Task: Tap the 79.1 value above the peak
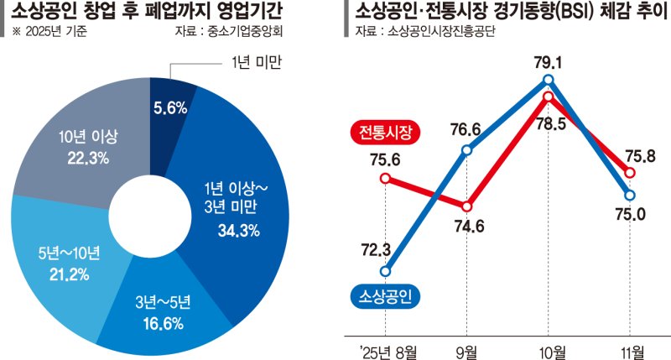[x=549, y=61]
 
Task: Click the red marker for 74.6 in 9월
[x=467, y=206]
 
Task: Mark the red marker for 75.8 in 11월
[x=631, y=172]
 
